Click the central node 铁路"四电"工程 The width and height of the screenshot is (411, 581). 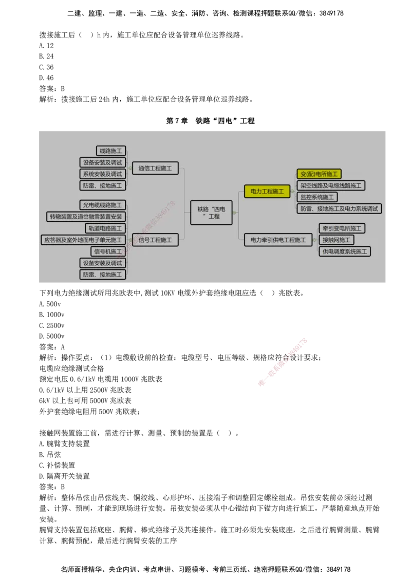point(211,212)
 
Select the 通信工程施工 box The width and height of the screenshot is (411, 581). point(155,168)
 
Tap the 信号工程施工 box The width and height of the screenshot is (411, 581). point(155,240)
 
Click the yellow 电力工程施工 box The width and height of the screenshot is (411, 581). point(267,191)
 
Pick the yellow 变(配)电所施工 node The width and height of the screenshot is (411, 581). point(319,174)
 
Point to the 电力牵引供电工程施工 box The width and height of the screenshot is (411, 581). point(278,240)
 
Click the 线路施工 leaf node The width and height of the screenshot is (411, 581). point(111,151)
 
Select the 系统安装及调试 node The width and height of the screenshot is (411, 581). point(103,174)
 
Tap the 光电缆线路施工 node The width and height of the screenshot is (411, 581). point(103,205)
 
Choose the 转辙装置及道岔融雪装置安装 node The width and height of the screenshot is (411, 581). point(86,217)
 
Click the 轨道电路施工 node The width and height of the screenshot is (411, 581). point(105,228)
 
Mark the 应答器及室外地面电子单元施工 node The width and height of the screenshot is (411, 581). point(83,240)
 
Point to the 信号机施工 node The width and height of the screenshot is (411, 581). point(108,251)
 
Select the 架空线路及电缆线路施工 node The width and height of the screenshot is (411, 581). point(331,185)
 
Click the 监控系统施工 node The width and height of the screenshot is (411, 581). point(317,197)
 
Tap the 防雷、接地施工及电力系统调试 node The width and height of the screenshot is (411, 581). point(339,208)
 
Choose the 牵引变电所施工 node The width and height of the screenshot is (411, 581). point(342,228)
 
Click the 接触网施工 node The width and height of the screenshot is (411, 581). point(336,240)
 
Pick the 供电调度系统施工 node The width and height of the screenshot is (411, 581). point(344,251)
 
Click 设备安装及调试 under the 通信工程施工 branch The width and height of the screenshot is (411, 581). point(103,163)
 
